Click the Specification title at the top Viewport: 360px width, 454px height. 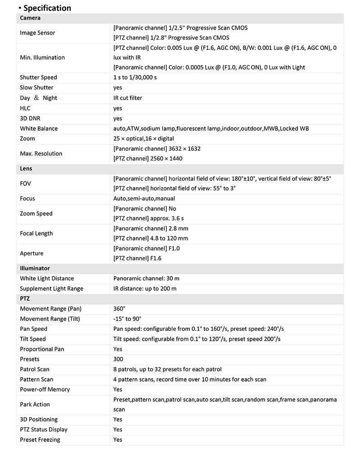[47, 8]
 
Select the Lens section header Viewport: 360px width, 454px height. [26, 169]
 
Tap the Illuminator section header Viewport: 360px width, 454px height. [35, 268]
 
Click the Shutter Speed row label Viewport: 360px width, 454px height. [38, 77]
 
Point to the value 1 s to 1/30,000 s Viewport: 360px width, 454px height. [135, 77]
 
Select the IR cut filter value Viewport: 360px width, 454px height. [128, 98]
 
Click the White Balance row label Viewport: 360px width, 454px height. [39, 129]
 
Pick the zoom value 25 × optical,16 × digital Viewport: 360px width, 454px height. [144, 138]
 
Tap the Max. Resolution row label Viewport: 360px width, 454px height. [41, 153]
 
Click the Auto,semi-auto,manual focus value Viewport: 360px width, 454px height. [144, 198]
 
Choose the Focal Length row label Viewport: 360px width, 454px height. [36, 233]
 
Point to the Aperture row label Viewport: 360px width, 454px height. [31, 254]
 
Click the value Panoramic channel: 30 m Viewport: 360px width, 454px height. [147, 278]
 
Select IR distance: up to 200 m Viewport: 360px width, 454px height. [145, 289]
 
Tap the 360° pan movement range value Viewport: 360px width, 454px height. [119, 309]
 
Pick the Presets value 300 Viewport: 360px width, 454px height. [118, 359]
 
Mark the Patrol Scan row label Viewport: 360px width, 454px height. [35, 369]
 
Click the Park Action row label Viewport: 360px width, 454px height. [35, 405]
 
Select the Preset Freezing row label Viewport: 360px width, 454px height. [40, 440]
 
